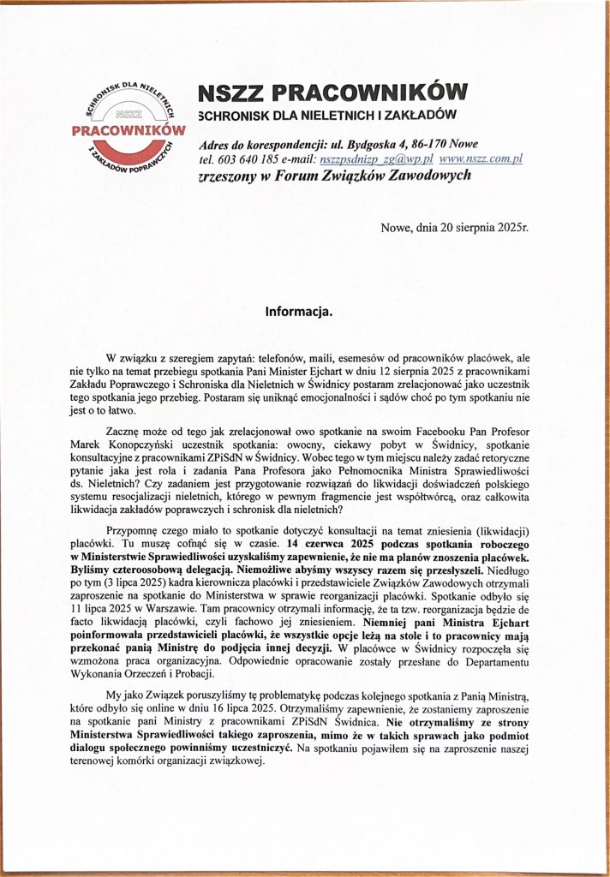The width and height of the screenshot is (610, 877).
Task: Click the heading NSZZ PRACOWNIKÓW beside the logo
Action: tap(332, 92)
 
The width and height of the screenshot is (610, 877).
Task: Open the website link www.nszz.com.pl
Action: tap(480, 159)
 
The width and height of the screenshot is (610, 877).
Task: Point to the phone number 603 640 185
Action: tap(242, 159)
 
